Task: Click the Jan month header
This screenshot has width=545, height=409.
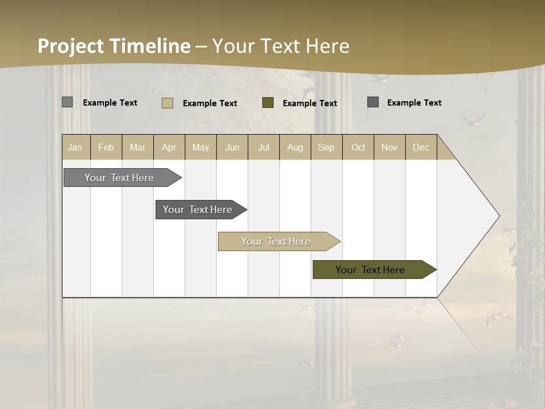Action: pyautogui.click(x=75, y=147)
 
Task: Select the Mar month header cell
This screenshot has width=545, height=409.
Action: pyautogui.click(x=137, y=147)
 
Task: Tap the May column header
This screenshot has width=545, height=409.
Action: pyautogui.click(x=200, y=147)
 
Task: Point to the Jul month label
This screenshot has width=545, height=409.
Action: pyautogui.click(x=263, y=147)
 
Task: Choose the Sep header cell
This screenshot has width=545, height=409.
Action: pyautogui.click(x=326, y=147)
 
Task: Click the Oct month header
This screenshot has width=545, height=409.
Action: pyautogui.click(x=358, y=147)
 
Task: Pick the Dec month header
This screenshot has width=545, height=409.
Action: pyautogui.click(x=421, y=147)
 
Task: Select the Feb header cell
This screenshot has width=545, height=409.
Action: pyautogui.click(x=106, y=147)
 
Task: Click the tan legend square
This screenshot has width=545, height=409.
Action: pyautogui.click(x=167, y=103)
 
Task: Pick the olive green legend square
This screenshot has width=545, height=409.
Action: pyautogui.click(x=268, y=103)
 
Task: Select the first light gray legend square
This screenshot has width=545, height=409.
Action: pyautogui.click(x=67, y=102)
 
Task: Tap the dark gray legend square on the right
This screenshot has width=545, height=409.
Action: pyautogui.click(x=373, y=102)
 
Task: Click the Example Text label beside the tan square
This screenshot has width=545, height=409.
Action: pyautogui.click(x=209, y=103)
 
